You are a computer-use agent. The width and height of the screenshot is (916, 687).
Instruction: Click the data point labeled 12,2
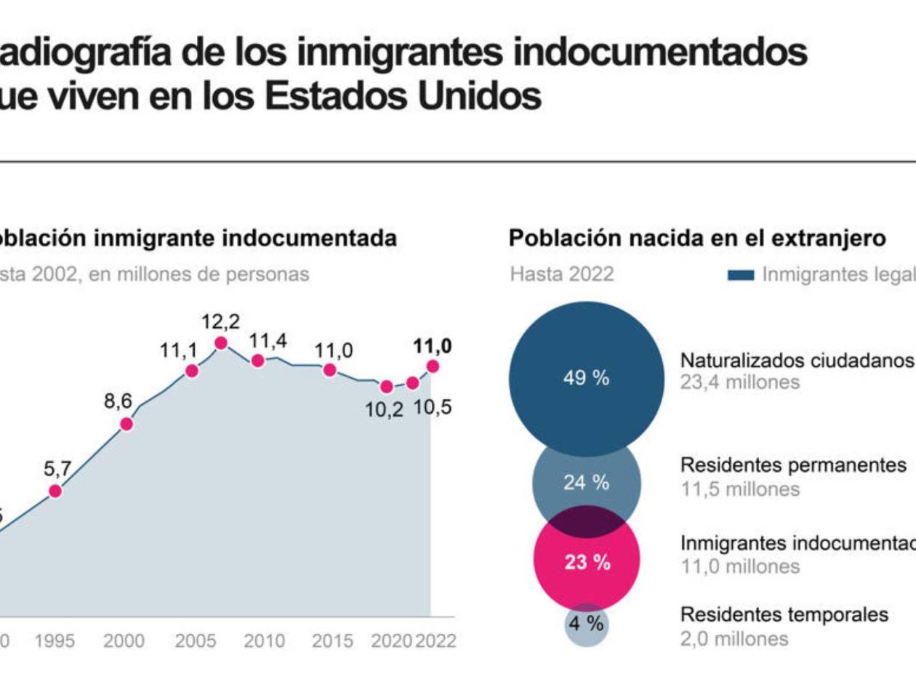click(x=221, y=343)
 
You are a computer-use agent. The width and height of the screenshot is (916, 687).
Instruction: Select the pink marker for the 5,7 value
click(x=55, y=491)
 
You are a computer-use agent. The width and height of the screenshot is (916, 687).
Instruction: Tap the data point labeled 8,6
click(x=126, y=424)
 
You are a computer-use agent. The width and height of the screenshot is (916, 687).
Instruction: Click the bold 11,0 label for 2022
click(x=433, y=347)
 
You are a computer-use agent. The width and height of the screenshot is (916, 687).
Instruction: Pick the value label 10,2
click(x=384, y=409)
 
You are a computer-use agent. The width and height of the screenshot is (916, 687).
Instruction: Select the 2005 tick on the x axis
click(x=194, y=641)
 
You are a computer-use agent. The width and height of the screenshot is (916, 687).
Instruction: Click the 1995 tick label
click(x=54, y=641)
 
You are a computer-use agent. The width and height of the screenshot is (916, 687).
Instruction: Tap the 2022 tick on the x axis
click(x=435, y=641)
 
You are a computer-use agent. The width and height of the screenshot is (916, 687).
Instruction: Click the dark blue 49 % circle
click(x=586, y=379)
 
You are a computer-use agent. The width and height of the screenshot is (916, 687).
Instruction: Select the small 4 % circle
click(x=586, y=624)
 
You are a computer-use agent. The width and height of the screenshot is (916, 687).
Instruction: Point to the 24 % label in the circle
click(x=586, y=483)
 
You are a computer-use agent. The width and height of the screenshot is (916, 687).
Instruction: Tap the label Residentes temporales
click(x=784, y=615)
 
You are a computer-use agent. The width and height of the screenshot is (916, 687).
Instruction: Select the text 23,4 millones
click(x=739, y=383)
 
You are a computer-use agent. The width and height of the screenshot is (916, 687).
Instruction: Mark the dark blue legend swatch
click(x=742, y=275)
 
